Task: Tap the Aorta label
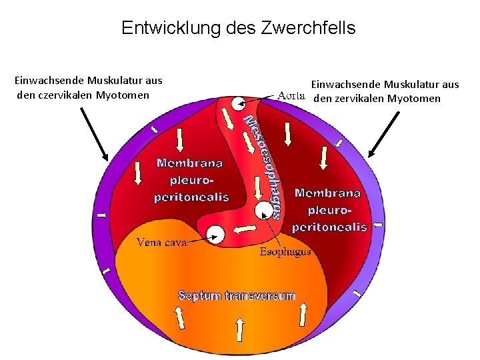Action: pyautogui.click(x=291, y=95)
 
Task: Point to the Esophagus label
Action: pyautogui.click(x=285, y=252)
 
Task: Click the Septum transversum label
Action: pyautogui.click(x=237, y=295)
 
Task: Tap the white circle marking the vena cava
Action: pyautogui.click(x=216, y=233)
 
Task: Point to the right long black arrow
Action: pyautogui.click(x=383, y=134)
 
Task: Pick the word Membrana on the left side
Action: pyautogui.click(x=190, y=163)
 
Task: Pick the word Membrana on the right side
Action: pyautogui.click(x=327, y=193)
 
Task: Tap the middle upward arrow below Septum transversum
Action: pyautogui.click(x=240, y=327)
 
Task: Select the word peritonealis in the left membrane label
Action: pyautogui.click(x=191, y=197)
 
